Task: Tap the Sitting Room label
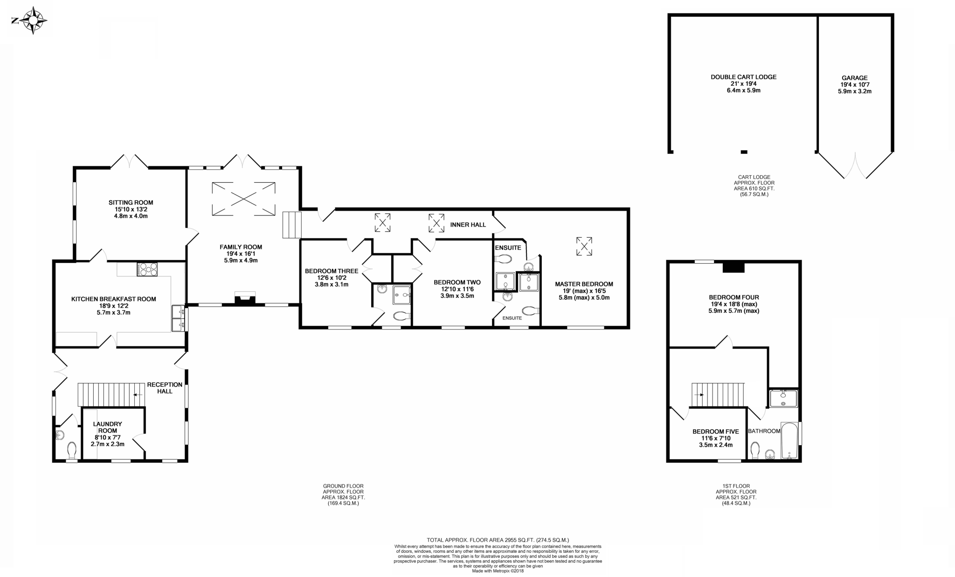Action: pyautogui.click(x=131, y=203)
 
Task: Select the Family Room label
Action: pyautogui.click(x=241, y=247)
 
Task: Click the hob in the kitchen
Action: pyautogui.click(x=147, y=269)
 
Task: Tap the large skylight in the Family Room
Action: pyautogui.click(x=244, y=199)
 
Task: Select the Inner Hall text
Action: pyautogui.click(x=468, y=225)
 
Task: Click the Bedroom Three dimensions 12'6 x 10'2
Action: pyautogui.click(x=332, y=278)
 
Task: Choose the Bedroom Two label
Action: pyautogui.click(x=457, y=282)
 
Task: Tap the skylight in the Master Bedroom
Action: pyautogui.click(x=584, y=246)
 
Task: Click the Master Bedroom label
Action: pyautogui.click(x=584, y=284)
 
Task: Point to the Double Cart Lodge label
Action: pyautogui.click(x=744, y=77)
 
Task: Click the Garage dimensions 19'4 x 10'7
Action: pyautogui.click(x=855, y=85)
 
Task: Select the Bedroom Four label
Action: pyautogui.click(x=734, y=297)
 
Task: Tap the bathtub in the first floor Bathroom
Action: pyautogui.click(x=789, y=440)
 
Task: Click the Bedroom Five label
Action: pyautogui.click(x=716, y=432)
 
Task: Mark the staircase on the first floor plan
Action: pyautogui.click(x=718, y=395)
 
